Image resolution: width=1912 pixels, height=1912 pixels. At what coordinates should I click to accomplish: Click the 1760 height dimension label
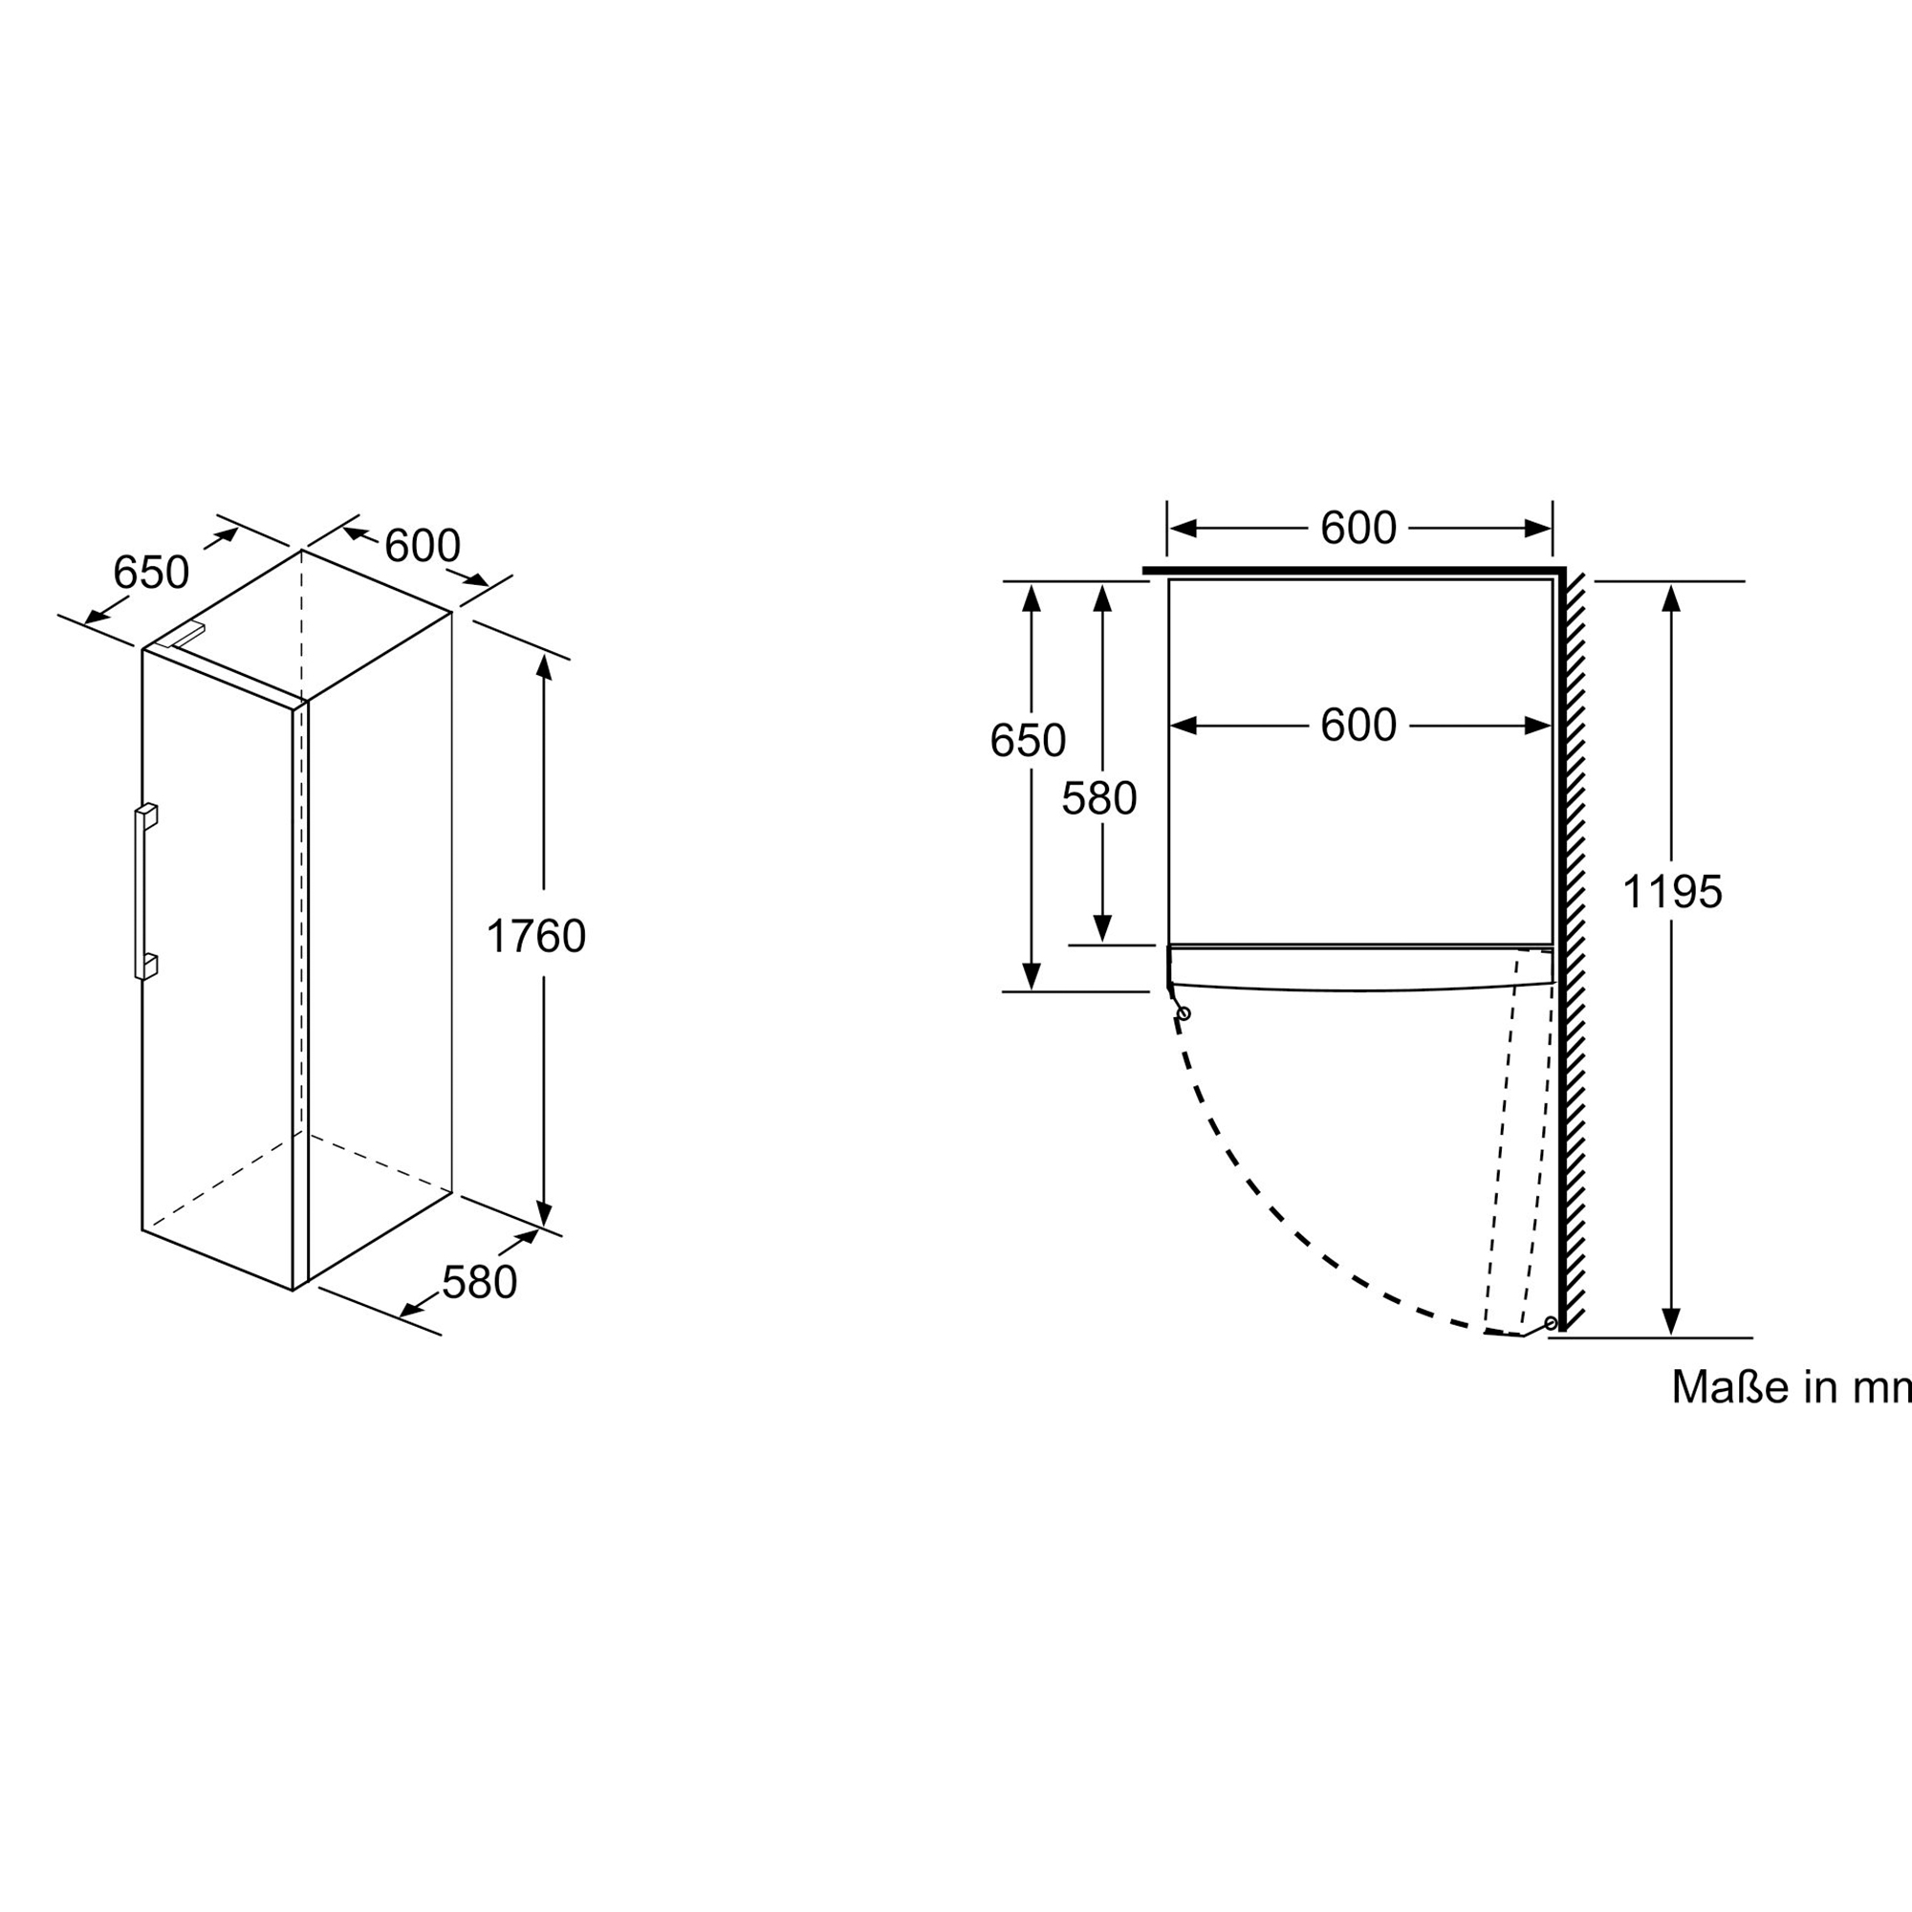pyautogui.click(x=535, y=936)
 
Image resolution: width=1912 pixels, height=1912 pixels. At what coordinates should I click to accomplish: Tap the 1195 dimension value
pyautogui.click(x=1671, y=892)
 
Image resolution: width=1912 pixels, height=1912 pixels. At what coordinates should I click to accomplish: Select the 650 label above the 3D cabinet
pyautogui.click(x=150, y=572)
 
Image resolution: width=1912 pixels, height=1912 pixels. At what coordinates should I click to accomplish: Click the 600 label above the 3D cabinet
pyautogui.click(x=422, y=545)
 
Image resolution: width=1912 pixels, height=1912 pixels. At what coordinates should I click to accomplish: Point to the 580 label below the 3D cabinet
pyautogui.click(x=479, y=1283)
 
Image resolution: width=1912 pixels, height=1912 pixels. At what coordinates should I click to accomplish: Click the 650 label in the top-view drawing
pyautogui.click(x=1028, y=740)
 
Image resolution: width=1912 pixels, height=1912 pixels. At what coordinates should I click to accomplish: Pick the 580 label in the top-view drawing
pyautogui.click(x=1098, y=798)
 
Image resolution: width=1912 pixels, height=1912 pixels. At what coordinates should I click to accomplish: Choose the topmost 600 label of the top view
pyautogui.click(x=1358, y=529)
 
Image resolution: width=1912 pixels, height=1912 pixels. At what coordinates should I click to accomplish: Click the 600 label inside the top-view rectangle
pyautogui.click(x=1358, y=726)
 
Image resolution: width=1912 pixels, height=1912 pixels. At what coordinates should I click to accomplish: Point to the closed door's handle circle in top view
pyautogui.click(x=1184, y=1013)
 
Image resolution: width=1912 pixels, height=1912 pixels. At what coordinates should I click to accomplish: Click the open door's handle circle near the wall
pyautogui.click(x=1551, y=1323)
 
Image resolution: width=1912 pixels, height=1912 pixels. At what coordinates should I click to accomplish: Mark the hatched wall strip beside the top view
pyautogui.click(x=1574, y=950)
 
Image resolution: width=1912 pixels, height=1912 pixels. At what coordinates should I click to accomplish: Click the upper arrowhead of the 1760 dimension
pyautogui.click(x=543, y=666)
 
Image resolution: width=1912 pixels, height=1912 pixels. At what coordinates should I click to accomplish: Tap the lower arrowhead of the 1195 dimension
pyautogui.click(x=1671, y=1321)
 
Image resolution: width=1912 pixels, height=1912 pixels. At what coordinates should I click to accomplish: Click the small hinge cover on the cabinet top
pyautogui.click(x=186, y=635)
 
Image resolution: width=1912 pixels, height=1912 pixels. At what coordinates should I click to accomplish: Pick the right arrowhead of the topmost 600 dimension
pyautogui.click(x=1539, y=529)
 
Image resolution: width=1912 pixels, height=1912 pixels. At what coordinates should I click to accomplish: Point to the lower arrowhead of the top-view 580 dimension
pyautogui.click(x=1102, y=929)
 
